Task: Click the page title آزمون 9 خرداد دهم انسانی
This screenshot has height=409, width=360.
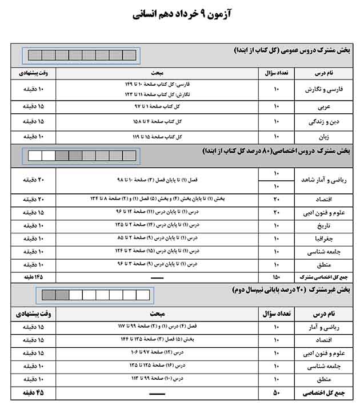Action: pyautogui.click(x=180, y=13)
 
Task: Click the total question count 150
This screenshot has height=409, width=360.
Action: pyautogui.click(x=277, y=276)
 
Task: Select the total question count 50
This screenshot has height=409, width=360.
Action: pyautogui.click(x=277, y=394)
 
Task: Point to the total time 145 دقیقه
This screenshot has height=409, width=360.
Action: pyautogui.click(x=33, y=276)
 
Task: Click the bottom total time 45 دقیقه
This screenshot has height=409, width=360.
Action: pyautogui.click(x=33, y=394)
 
